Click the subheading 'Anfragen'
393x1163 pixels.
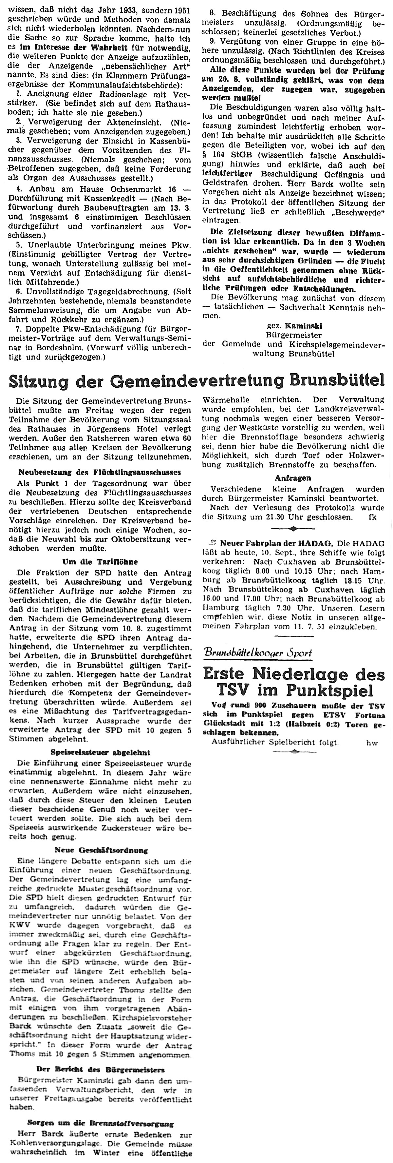coord(293,478)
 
